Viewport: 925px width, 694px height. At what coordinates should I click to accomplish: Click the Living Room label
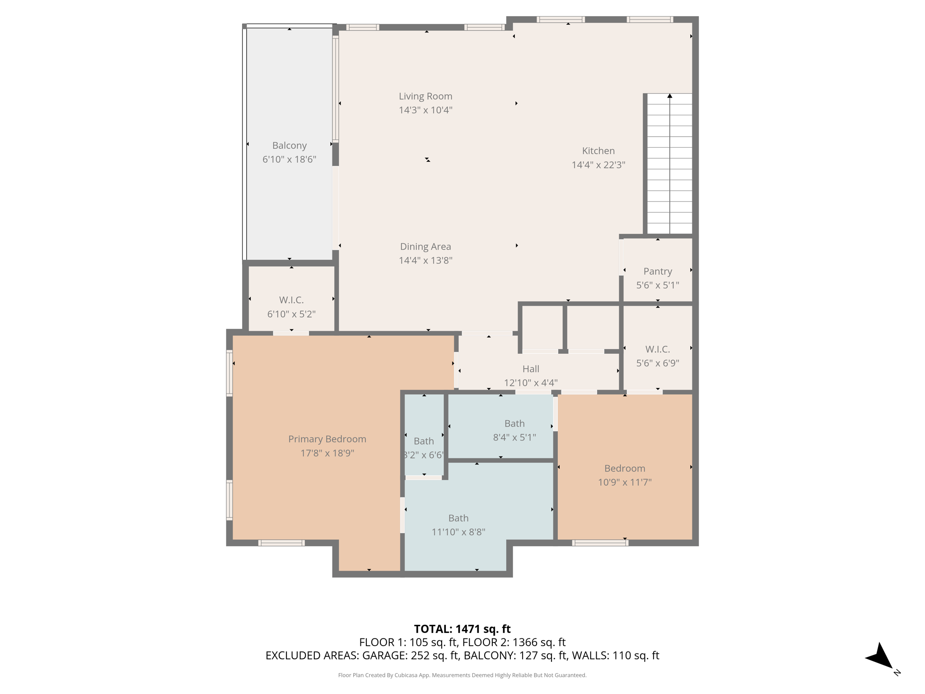(425, 96)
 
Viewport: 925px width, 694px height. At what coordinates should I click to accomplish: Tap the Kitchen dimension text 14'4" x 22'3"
(598, 165)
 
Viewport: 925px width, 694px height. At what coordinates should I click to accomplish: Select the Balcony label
(289, 145)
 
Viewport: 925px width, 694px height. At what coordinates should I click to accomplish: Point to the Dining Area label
(425, 247)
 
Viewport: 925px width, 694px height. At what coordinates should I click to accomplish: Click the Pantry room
(657, 272)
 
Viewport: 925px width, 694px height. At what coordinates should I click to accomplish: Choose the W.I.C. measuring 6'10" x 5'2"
(291, 300)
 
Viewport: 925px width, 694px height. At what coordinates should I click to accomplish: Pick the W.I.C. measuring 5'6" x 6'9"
(657, 350)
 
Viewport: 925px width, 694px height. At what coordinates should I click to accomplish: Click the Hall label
(530, 369)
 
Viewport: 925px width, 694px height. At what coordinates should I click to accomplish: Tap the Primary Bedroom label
(327, 439)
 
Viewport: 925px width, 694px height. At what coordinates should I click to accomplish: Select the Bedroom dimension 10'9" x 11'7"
(624, 482)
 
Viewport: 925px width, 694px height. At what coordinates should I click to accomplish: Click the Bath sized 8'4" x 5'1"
(514, 424)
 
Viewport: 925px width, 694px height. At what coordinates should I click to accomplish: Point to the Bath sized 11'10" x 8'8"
(458, 519)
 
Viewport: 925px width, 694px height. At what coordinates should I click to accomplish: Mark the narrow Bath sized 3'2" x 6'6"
(423, 441)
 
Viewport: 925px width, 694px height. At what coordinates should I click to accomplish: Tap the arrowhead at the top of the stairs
(669, 96)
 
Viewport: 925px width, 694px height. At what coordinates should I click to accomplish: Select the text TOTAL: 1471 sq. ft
(462, 629)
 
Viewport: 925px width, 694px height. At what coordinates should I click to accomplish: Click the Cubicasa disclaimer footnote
(462, 675)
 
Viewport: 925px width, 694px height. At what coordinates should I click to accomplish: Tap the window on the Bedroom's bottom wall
(600, 543)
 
